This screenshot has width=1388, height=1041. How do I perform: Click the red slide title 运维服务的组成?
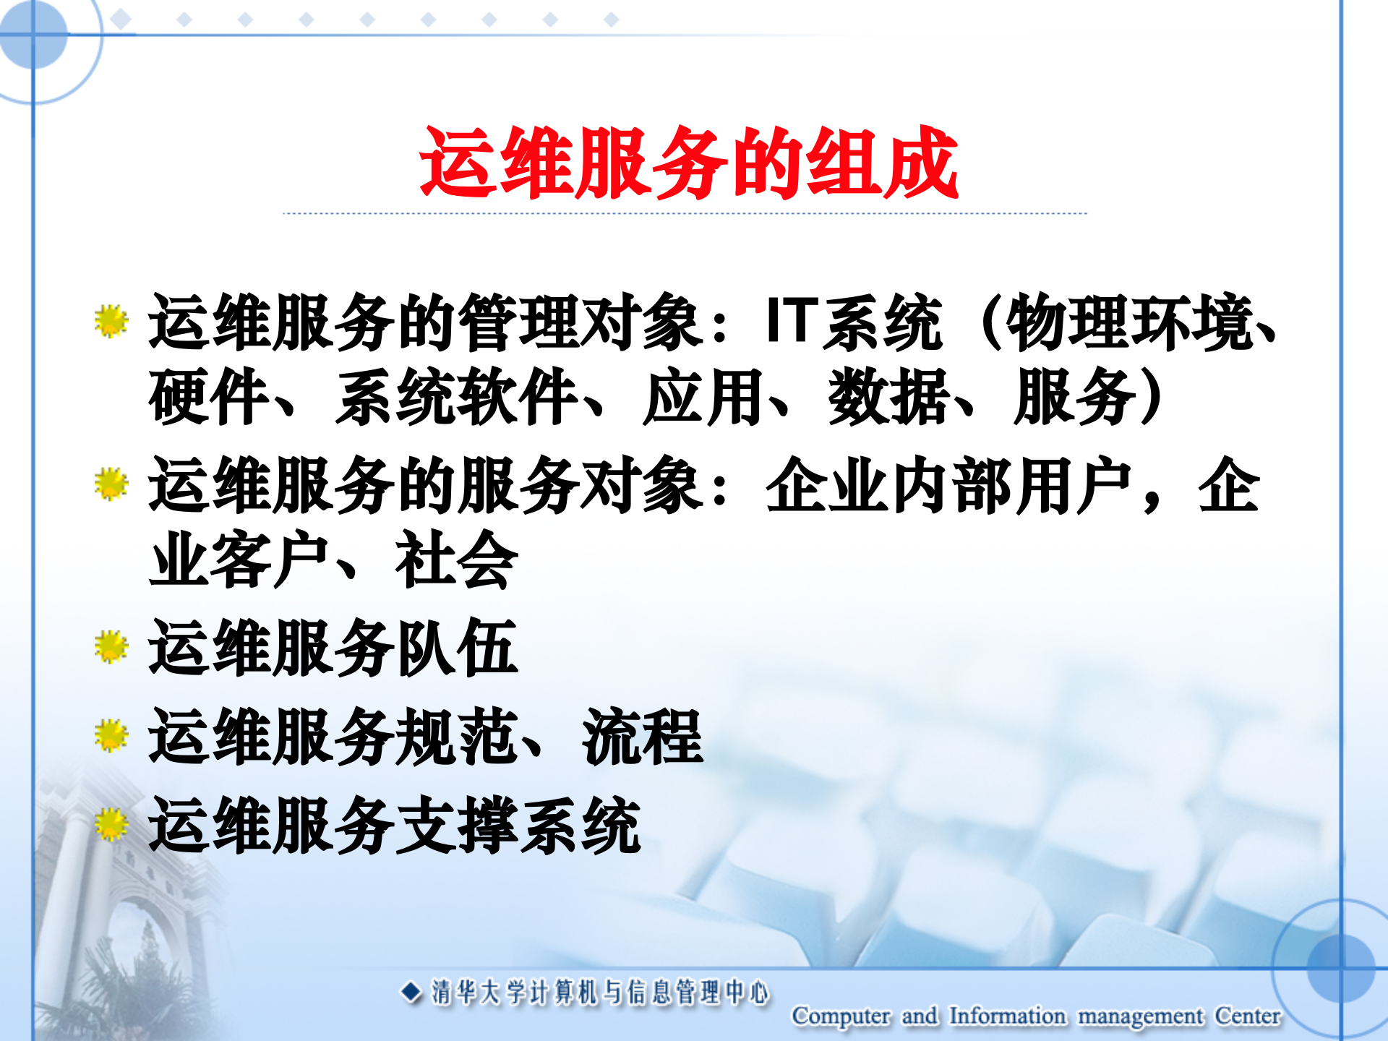pyautogui.click(x=688, y=162)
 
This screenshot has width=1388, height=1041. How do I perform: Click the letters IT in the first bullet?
pyautogui.click(x=792, y=320)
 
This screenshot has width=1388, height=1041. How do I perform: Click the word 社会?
pyautogui.click(x=457, y=560)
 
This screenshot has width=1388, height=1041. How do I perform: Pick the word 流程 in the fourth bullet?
pyautogui.click(x=642, y=737)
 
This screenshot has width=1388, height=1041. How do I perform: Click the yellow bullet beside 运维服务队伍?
pyautogui.click(x=111, y=647)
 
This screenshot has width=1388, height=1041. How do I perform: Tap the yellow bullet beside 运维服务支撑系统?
pyautogui.click(x=111, y=825)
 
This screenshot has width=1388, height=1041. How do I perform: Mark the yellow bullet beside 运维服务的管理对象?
pyautogui.click(x=111, y=321)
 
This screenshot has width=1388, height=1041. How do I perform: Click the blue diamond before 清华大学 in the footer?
pyautogui.click(x=411, y=992)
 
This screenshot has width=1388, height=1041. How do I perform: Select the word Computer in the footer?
pyautogui.click(x=841, y=1016)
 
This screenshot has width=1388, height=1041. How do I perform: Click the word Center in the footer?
pyautogui.click(x=1247, y=1016)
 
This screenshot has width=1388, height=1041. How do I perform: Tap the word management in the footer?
pyautogui.click(x=1140, y=1016)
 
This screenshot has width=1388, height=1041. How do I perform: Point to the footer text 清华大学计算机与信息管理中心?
pyautogui.click(x=600, y=992)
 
